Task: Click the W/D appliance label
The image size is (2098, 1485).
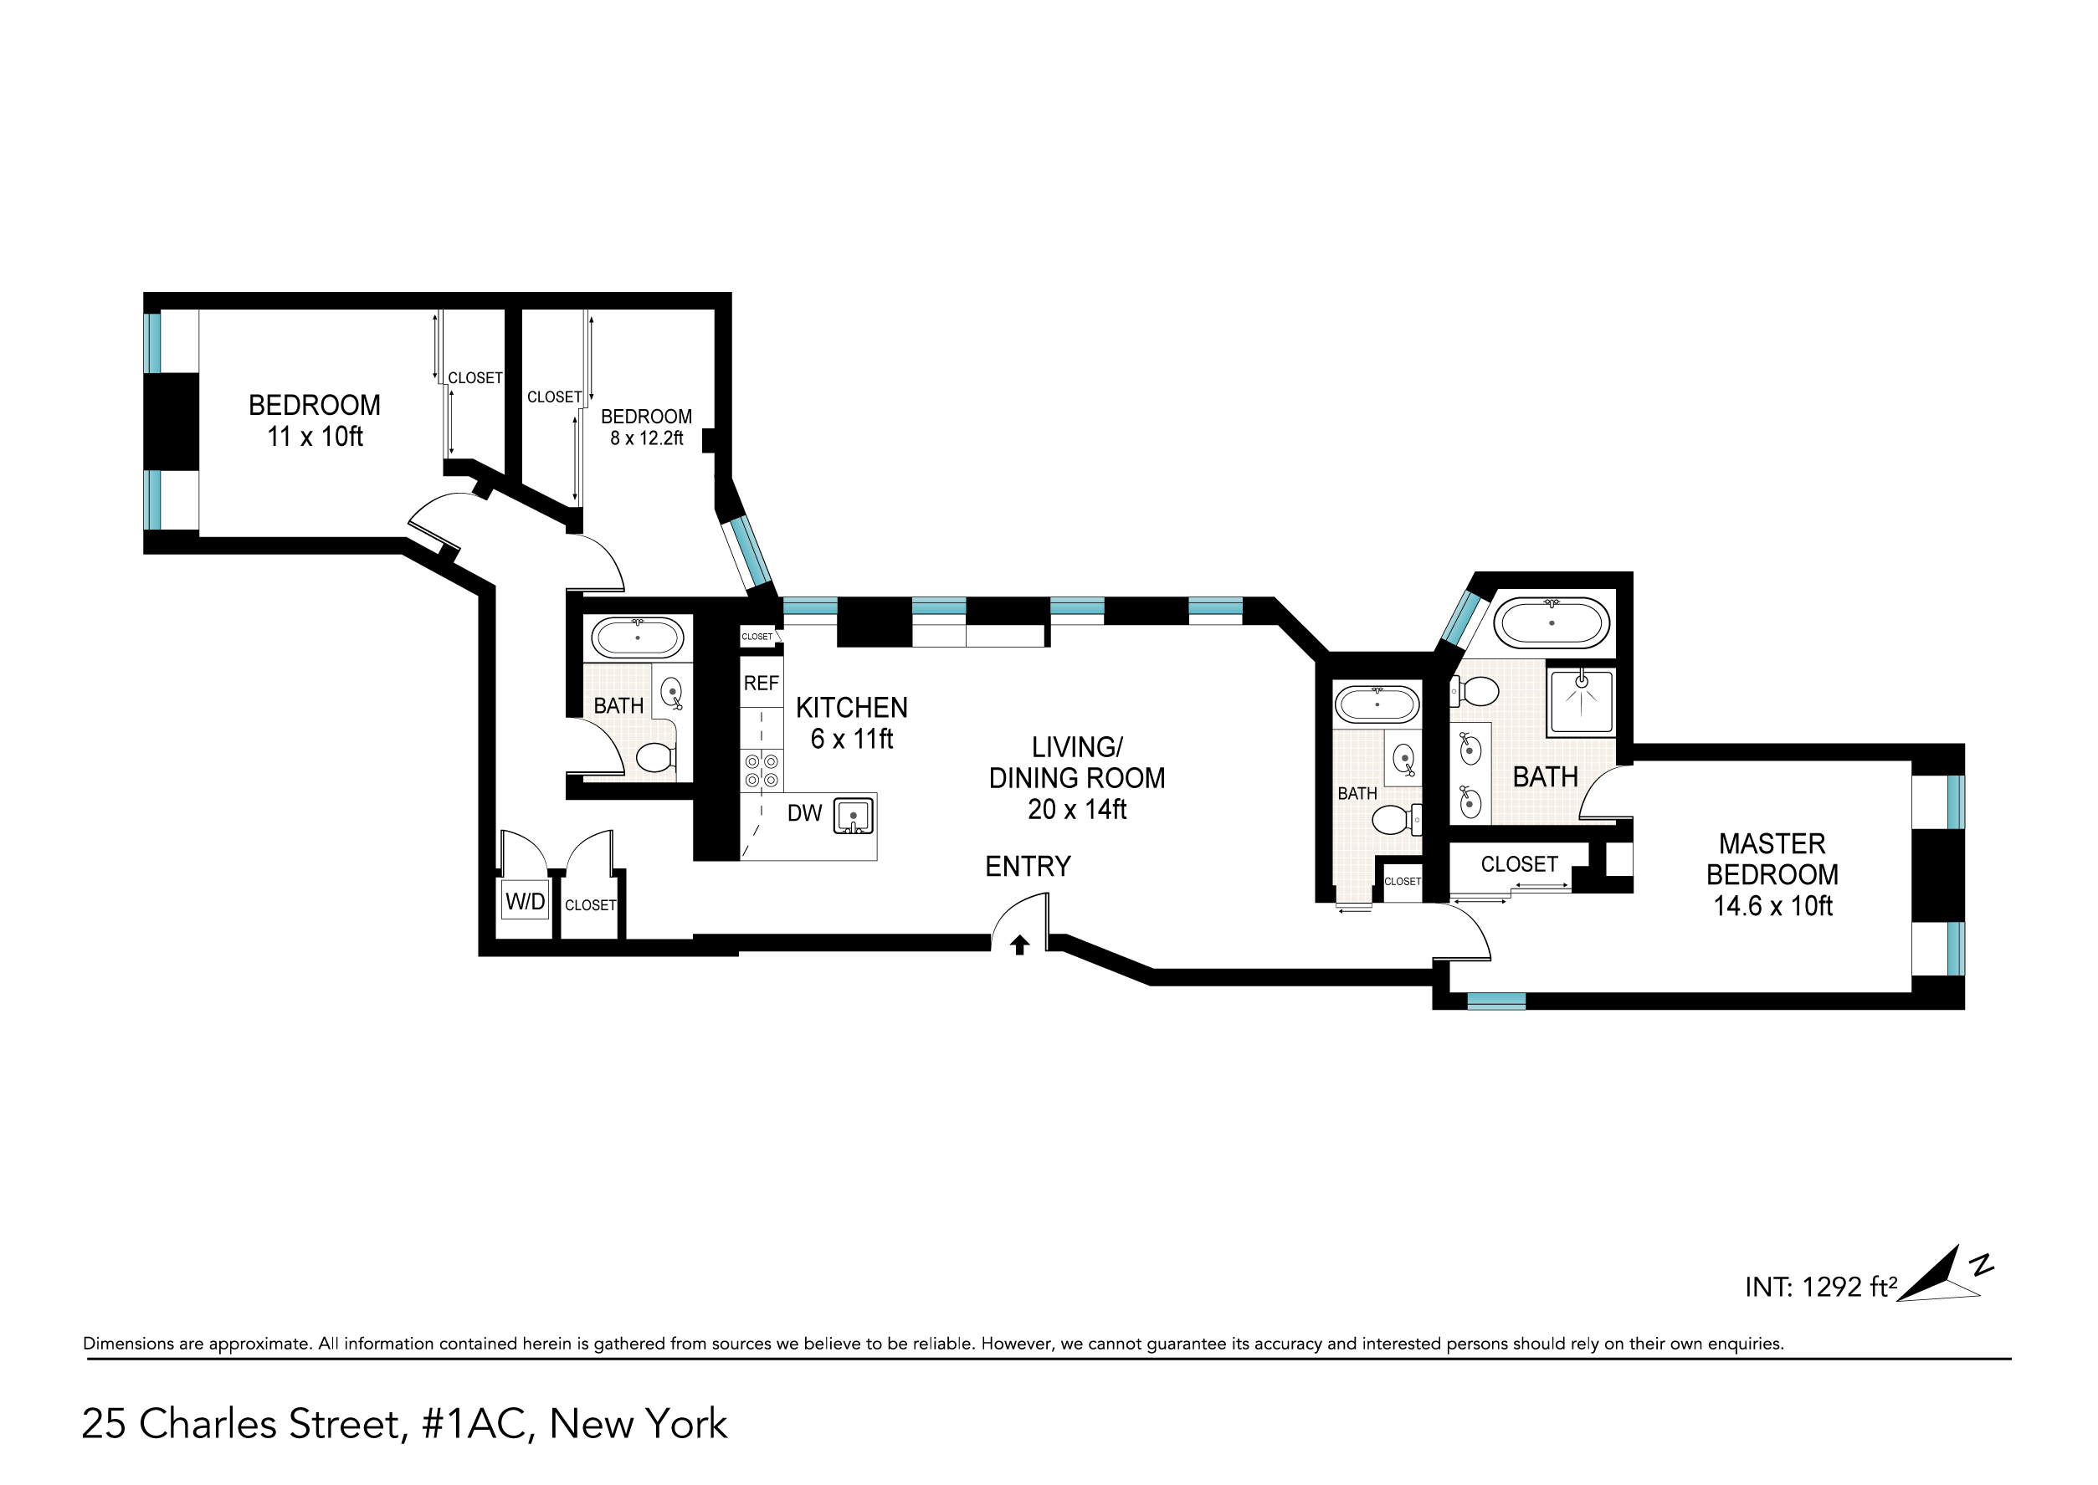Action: (525, 902)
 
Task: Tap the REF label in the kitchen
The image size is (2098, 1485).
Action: (761, 683)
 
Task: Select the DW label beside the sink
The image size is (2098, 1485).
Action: (805, 813)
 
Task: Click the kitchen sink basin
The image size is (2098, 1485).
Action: (854, 815)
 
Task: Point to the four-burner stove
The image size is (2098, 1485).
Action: (762, 770)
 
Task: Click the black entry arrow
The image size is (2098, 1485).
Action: (1020, 945)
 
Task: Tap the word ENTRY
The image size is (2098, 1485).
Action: (1028, 866)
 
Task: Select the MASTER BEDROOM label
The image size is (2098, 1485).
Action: (1772, 858)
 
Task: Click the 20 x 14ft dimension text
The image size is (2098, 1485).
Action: (1077, 809)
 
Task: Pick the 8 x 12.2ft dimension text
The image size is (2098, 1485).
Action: (647, 438)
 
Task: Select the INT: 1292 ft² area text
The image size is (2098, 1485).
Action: (1821, 1287)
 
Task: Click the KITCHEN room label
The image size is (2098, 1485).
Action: (851, 708)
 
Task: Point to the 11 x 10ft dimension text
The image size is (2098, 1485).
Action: (315, 437)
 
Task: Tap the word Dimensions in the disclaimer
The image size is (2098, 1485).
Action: (129, 1344)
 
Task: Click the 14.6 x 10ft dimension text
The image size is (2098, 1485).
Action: (1772, 906)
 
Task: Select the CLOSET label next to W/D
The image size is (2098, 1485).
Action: (590, 905)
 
